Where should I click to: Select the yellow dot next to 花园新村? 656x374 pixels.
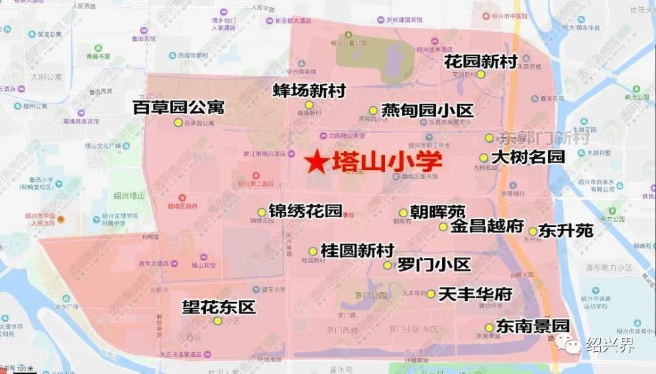481,75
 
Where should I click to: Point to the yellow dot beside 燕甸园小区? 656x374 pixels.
373,110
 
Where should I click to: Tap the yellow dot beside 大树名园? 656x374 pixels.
483,157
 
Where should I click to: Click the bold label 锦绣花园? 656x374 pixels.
305,211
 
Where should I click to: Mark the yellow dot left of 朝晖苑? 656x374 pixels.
403,213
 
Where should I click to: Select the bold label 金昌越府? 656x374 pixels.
487,227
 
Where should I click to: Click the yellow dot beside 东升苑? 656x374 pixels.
533,231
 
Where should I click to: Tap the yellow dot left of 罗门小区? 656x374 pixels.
388,265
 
